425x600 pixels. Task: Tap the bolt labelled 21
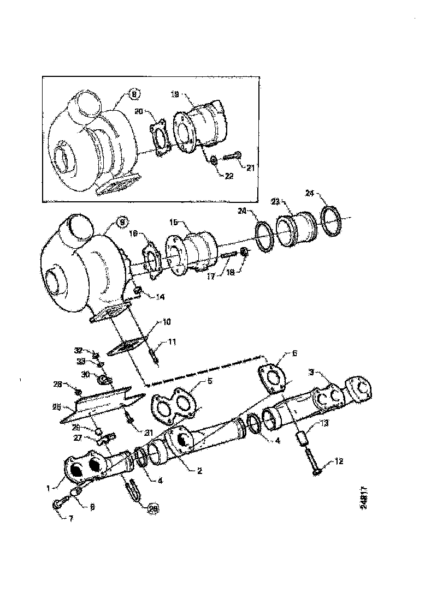coord(229,157)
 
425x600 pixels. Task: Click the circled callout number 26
coord(154,508)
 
